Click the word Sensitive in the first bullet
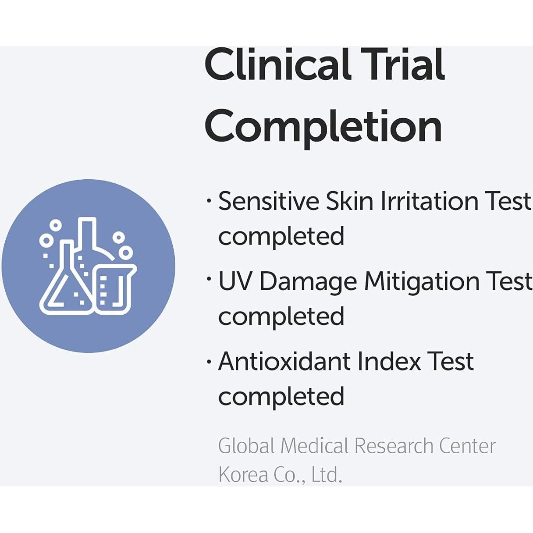point(269,201)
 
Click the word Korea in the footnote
point(243,475)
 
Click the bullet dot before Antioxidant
point(210,362)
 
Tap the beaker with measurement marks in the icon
point(115,289)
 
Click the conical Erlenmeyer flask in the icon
point(66,279)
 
